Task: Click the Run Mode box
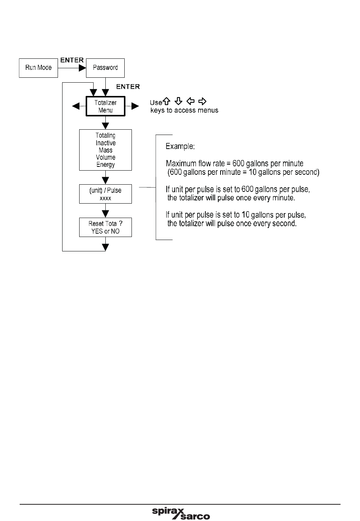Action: [x=38, y=68]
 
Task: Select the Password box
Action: [x=105, y=68]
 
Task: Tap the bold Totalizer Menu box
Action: [x=105, y=106]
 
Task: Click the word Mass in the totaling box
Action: [x=105, y=150]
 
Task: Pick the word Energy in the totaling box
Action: [x=105, y=165]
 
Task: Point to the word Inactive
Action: [x=105, y=143]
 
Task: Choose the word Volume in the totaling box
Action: [x=105, y=157]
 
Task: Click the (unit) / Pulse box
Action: [x=105, y=194]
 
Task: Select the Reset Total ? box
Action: [x=105, y=227]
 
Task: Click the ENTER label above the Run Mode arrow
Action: [x=72, y=60]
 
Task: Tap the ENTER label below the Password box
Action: [x=128, y=86]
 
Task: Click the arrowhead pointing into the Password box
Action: [x=82, y=68]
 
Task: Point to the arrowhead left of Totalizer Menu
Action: [x=76, y=106]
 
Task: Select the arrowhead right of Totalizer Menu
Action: [x=135, y=106]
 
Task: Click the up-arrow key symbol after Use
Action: [x=166, y=101]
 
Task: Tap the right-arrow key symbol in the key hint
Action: [x=202, y=101]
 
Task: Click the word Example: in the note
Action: [x=180, y=146]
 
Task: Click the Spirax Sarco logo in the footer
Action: [x=181, y=513]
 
